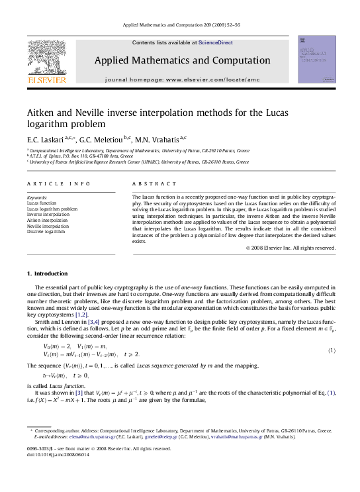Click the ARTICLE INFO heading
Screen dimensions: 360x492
click(x=50, y=183)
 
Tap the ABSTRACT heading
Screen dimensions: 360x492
click(x=148, y=183)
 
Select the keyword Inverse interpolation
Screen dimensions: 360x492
click(x=48, y=215)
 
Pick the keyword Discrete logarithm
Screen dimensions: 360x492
click(x=46, y=232)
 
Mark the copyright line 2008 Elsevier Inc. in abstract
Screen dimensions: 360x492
click(x=292, y=248)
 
